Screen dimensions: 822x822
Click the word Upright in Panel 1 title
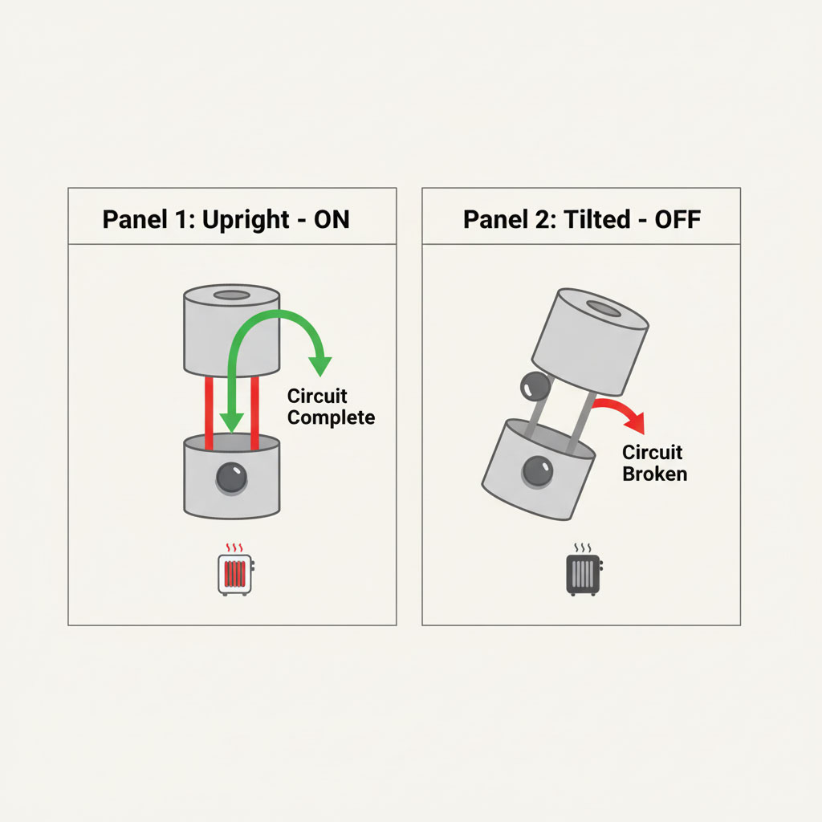click(246, 220)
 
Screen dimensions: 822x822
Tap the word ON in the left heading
click(332, 219)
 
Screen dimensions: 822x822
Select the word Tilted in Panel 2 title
click(596, 219)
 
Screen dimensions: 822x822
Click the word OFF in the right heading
click(678, 219)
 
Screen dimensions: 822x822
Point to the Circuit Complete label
click(331, 407)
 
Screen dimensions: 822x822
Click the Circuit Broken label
click(654, 463)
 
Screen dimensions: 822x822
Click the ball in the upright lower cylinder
click(232, 478)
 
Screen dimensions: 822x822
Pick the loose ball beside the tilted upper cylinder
click(535, 386)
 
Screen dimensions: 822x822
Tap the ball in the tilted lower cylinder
click(537, 470)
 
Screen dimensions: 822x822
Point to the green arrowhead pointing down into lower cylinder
click(231, 422)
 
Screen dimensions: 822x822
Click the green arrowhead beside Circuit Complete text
click(319, 366)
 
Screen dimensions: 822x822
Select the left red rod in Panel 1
click(209, 413)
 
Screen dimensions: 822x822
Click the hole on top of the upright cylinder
click(232, 295)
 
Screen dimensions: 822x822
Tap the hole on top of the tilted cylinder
click(604, 308)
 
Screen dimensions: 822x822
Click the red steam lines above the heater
click(234, 548)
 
